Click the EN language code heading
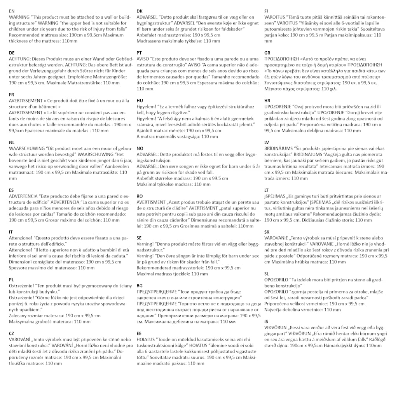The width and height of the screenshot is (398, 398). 12,11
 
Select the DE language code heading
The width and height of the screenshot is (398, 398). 12,53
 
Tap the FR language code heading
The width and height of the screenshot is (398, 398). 12,94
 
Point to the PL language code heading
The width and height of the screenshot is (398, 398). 12,279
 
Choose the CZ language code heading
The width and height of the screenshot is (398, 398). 12,333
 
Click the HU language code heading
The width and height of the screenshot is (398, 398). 140,100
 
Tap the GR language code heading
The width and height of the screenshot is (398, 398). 267,53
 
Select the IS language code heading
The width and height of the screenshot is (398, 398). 266,321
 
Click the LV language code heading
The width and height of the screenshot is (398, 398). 267,142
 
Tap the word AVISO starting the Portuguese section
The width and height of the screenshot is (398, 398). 143,59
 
